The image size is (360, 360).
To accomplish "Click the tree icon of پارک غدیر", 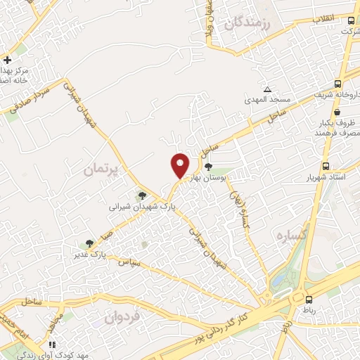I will coord(89,243).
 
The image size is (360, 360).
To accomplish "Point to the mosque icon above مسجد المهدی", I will coord(266,89).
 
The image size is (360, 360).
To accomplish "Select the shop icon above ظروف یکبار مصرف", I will coord(338,111).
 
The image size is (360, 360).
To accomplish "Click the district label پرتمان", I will coord(102,169).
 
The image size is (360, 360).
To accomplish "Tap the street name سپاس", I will coord(131,262).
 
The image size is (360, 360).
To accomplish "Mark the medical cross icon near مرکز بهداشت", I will coord(7,60).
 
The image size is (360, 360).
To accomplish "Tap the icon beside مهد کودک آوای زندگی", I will coord(51,345).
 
